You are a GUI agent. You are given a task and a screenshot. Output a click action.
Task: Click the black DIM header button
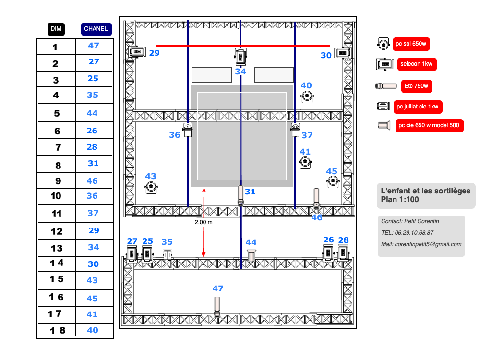(56, 29)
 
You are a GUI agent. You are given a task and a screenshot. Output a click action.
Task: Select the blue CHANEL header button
(96, 29)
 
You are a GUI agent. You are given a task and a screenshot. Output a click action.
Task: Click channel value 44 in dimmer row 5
(92, 113)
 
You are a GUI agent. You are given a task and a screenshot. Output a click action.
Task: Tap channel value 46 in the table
(92, 181)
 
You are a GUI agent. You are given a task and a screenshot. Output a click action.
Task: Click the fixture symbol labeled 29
(136, 51)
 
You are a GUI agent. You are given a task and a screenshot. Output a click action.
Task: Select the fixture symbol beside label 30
(341, 53)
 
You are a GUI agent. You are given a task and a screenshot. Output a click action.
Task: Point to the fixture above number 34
(240, 56)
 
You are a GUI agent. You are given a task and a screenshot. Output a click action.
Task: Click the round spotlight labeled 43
(152, 187)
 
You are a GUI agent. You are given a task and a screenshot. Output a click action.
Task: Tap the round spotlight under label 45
(333, 181)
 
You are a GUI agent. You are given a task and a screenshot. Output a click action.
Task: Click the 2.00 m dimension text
(204, 223)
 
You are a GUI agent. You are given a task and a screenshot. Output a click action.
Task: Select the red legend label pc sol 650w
(411, 44)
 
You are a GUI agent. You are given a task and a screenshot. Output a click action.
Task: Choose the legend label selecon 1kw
(417, 64)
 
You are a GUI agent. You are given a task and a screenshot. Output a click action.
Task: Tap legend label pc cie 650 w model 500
(429, 126)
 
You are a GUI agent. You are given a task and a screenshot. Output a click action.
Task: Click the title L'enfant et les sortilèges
(426, 191)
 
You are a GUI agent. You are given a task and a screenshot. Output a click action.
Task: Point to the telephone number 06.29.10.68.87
(414, 233)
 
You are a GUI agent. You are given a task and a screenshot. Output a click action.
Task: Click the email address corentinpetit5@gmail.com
(428, 244)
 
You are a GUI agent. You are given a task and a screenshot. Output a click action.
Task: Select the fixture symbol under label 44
(251, 255)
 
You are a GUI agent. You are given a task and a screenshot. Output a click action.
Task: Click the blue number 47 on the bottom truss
(218, 288)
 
